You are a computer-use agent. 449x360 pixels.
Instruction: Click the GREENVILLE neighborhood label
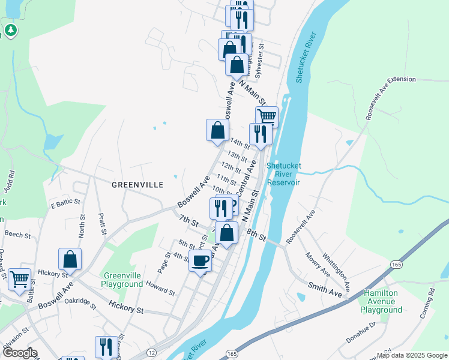click(137, 185)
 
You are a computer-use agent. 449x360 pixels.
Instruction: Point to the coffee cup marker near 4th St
click(200, 262)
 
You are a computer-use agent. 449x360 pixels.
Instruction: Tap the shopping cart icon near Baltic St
click(20, 279)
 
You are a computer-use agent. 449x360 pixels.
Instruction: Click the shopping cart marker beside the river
click(267, 116)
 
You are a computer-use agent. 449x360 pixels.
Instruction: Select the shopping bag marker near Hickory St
click(70, 259)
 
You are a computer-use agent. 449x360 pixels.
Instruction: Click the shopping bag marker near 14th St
click(217, 130)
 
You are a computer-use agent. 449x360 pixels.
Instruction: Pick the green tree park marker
click(10, 29)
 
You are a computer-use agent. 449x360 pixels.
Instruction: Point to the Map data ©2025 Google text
click(411, 355)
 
